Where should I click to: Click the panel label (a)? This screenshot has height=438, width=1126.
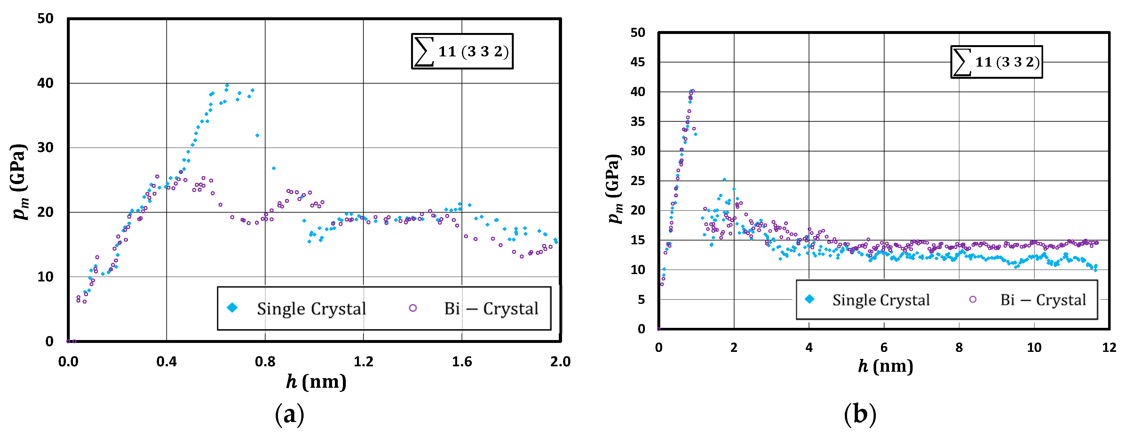pyautogui.click(x=289, y=414)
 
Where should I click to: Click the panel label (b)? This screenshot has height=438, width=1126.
pyautogui.click(x=860, y=414)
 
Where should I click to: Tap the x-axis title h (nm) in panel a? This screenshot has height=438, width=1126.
pyautogui.click(x=316, y=382)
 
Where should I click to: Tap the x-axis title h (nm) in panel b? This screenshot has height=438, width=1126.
pyautogui.click(x=885, y=366)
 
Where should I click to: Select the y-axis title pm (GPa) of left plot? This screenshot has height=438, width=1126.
pyautogui.click(x=19, y=181)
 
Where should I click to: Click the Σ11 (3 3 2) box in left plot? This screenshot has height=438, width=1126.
pyautogui.click(x=462, y=51)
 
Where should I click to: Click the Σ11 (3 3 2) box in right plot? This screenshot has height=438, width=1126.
pyautogui.click(x=996, y=62)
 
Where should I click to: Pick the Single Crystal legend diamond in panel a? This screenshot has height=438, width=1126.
pyautogui.click(x=233, y=308)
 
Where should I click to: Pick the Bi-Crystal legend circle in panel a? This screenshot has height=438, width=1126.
pyautogui.click(x=413, y=308)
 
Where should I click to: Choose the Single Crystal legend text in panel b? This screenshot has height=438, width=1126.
pyautogui.click(x=881, y=300)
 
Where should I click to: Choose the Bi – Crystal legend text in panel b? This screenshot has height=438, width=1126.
pyautogui.click(x=1043, y=300)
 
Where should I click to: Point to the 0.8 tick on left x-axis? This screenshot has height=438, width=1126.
pyautogui.click(x=265, y=361)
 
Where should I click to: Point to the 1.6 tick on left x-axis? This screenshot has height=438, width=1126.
pyautogui.click(x=462, y=361)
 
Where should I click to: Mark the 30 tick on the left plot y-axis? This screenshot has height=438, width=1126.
pyautogui.click(x=45, y=148)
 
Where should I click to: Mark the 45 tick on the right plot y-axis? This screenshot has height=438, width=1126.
pyautogui.click(x=638, y=62)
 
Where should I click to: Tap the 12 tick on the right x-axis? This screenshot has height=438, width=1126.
pyautogui.click(x=1109, y=347)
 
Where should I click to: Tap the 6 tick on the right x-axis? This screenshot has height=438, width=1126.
pyautogui.click(x=884, y=347)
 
